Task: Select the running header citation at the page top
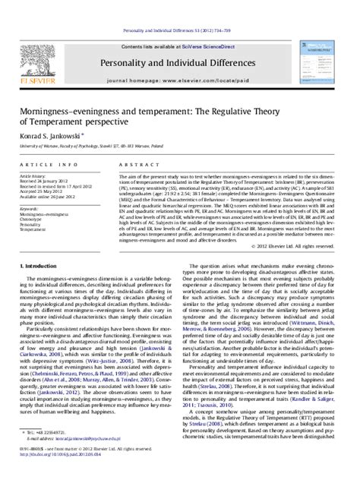(180, 6)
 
